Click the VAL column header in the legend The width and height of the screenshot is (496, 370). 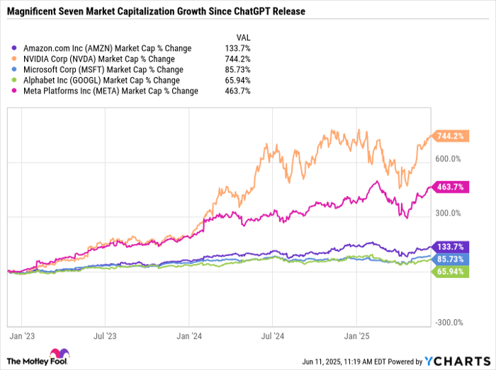242,37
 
